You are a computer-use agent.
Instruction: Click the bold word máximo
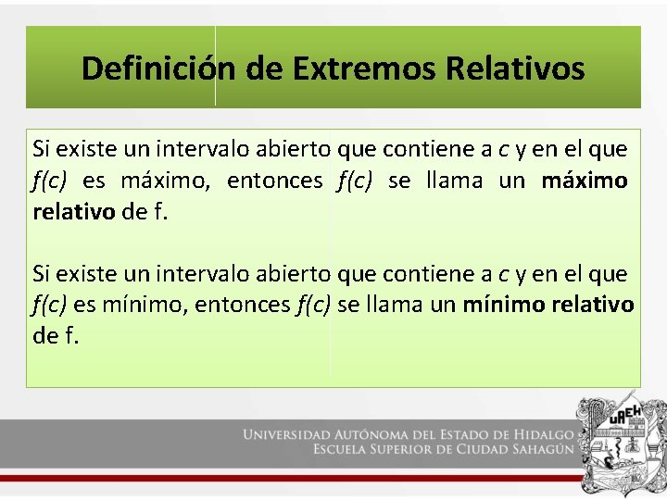584,181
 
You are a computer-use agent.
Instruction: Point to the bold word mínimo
504,305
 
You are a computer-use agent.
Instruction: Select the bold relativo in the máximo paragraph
74,212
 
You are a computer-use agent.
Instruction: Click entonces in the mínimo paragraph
245,305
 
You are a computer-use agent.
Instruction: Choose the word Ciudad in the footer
507,449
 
